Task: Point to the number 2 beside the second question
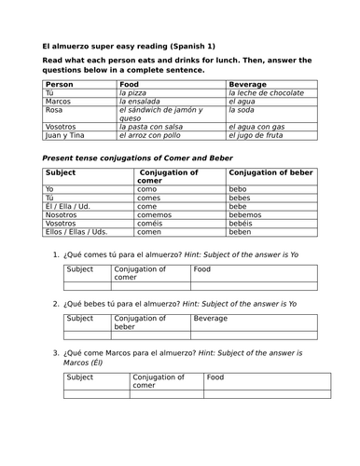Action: point(55,304)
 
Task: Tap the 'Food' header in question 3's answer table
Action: point(215,377)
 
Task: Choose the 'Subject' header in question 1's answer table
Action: point(81,269)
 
